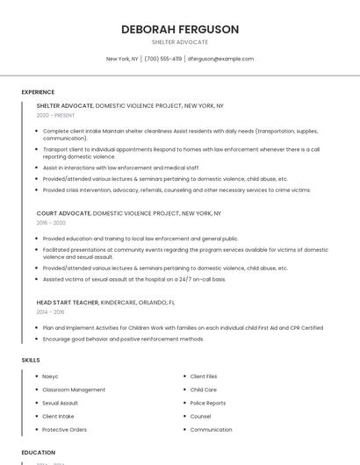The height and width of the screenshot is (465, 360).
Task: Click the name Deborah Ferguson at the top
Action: click(180, 29)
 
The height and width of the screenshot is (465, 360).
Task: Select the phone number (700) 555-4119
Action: click(163, 59)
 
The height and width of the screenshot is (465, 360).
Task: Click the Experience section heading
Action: click(38, 92)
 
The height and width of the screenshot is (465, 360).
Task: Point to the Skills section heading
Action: click(31, 360)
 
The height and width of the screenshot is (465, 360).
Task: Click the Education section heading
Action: click(39, 453)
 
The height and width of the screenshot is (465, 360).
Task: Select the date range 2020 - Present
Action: click(55, 116)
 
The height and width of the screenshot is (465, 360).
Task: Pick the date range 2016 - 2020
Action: click(51, 223)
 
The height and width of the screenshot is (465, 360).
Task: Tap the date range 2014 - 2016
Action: click(50, 311)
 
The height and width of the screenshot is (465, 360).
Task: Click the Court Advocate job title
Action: click(64, 213)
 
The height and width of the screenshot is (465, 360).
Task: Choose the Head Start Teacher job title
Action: click(68, 302)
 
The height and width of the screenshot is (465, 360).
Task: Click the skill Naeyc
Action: click(52, 376)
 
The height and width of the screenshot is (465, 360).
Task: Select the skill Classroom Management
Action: click(74, 390)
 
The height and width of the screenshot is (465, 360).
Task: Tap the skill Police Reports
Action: click(208, 403)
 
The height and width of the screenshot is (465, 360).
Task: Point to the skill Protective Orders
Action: click(65, 430)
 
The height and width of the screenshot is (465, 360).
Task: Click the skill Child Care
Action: click(203, 390)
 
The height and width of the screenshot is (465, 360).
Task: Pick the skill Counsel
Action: click(200, 417)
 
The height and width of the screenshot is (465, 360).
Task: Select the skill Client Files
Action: click(204, 376)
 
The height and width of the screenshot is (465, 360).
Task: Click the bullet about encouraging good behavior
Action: click(123, 339)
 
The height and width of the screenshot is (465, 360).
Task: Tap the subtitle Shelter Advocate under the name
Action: click(180, 42)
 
